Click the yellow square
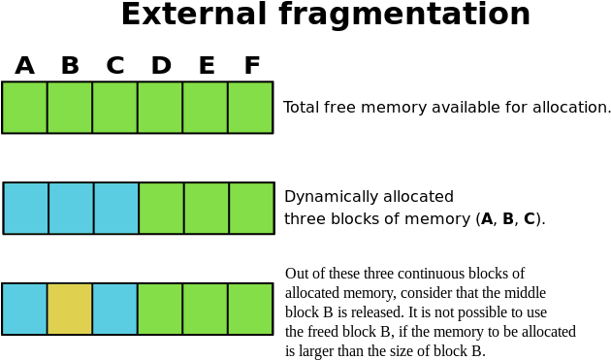(70, 309)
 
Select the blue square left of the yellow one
(24, 309)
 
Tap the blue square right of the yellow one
(114, 309)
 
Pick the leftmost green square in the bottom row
(160, 309)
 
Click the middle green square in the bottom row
(205, 309)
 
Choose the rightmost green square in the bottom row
(249, 309)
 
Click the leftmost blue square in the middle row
(25, 208)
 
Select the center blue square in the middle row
(71, 208)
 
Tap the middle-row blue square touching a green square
(115, 208)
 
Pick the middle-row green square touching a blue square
(161, 208)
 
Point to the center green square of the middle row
(206, 208)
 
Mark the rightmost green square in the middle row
(250, 208)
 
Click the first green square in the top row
(24, 107)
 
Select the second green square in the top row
(70, 107)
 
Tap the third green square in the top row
(114, 107)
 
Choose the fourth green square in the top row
(160, 107)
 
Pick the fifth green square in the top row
(205, 107)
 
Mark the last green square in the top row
(249, 107)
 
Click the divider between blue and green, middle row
(139, 208)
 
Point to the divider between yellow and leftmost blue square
(47, 309)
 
